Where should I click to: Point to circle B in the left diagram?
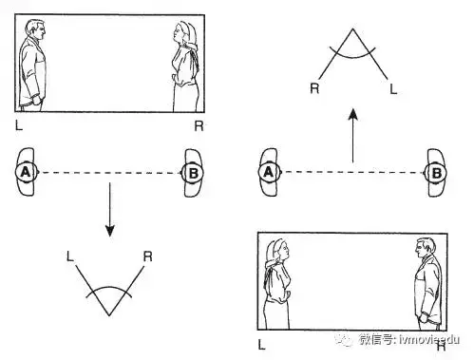pyautogui.click(x=191, y=173)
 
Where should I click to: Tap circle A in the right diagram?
pyautogui.click(x=268, y=173)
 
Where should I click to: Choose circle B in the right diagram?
pyautogui.click(x=436, y=173)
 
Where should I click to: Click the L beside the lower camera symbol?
pyautogui.click(x=70, y=255)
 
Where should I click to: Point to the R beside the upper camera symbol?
pyautogui.click(x=314, y=87)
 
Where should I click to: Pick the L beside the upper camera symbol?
pyautogui.click(x=392, y=87)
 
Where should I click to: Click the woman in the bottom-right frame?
pyautogui.click(x=279, y=281)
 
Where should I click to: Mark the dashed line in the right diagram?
pyautogui.click(x=351, y=173)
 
